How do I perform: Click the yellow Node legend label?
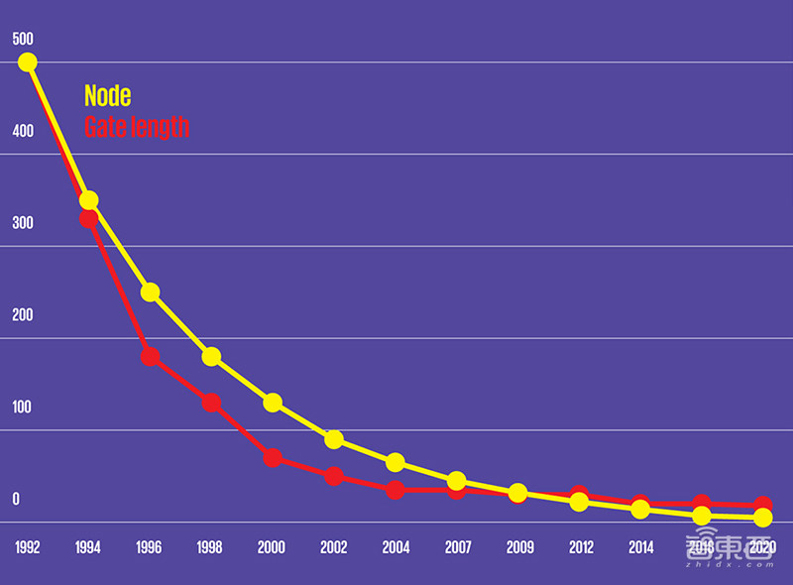[x=107, y=96]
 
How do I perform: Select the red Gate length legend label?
[x=136, y=127]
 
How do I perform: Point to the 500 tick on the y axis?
[x=23, y=40]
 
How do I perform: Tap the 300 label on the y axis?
[x=23, y=223]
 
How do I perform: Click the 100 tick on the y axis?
[x=23, y=408]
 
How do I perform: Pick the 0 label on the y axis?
[x=16, y=500]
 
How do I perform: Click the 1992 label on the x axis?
[x=28, y=547]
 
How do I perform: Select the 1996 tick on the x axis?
[x=149, y=547]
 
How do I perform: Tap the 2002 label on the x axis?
[x=333, y=547]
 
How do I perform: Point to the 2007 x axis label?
[x=457, y=547]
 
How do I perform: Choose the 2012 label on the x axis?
[x=580, y=547]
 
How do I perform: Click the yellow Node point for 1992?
[x=28, y=61]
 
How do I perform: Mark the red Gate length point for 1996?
[x=151, y=357]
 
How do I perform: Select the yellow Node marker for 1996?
[x=151, y=292]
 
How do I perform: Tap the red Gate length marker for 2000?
[x=273, y=458]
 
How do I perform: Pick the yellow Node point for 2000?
[x=273, y=403]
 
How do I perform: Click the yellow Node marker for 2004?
[x=396, y=463]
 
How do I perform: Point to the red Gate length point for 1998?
[x=211, y=403]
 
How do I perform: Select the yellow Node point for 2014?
[x=640, y=510]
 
